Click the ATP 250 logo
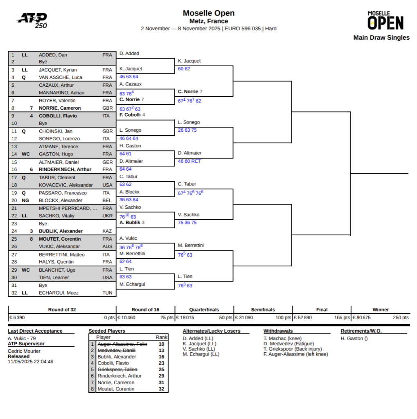pyautogui.click(x=32, y=20)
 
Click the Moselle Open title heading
pyautogui.click(x=208, y=13)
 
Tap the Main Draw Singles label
pyautogui.click(x=381, y=38)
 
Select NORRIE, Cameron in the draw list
pyautogui.click(x=60, y=108)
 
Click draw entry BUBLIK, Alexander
pyautogui.click(x=61, y=231)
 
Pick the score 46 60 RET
pyautogui.click(x=189, y=161)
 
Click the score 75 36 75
pyautogui.click(x=187, y=223)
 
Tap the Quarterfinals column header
pyautogui.click(x=204, y=310)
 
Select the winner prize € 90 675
pyautogui.click(x=362, y=318)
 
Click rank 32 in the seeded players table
pyautogui.click(x=161, y=389)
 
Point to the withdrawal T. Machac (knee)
pyautogui.click(x=282, y=338)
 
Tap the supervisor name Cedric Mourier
pyautogui.click(x=24, y=351)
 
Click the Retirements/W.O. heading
pyautogui.click(x=361, y=331)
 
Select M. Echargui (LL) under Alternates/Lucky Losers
pyautogui.click(x=201, y=354)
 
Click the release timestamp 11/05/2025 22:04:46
pyautogui.click(x=30, y=362)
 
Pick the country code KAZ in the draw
pyautogui.click(x=107, y=231)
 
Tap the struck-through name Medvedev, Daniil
pyautogui.click(x=117, y=350)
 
